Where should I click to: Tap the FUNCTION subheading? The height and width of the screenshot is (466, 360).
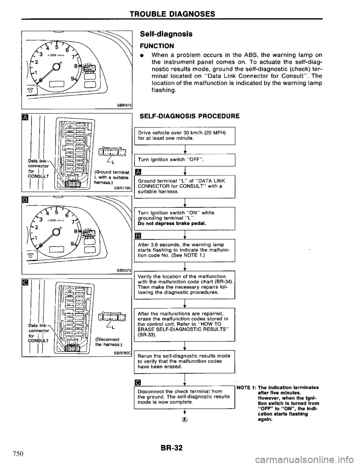(155, 45)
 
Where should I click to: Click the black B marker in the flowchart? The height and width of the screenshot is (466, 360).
(138, 236)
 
